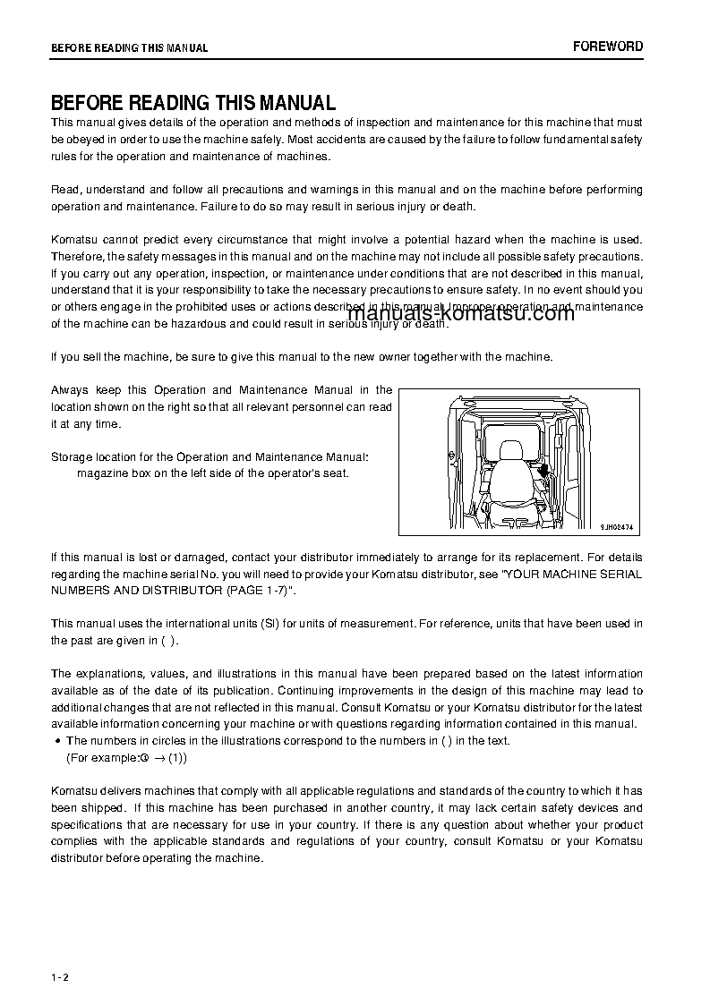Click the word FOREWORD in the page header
point(608,47)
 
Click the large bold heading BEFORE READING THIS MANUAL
point(193,103)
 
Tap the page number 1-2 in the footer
point(60,976)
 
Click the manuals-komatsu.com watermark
point(460,313)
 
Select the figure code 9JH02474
point(616,528)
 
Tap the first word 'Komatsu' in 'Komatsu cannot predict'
point(75,241)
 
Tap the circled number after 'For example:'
point(143,758)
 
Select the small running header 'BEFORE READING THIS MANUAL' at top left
point(129,48)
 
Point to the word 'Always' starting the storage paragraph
point(70,390)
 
